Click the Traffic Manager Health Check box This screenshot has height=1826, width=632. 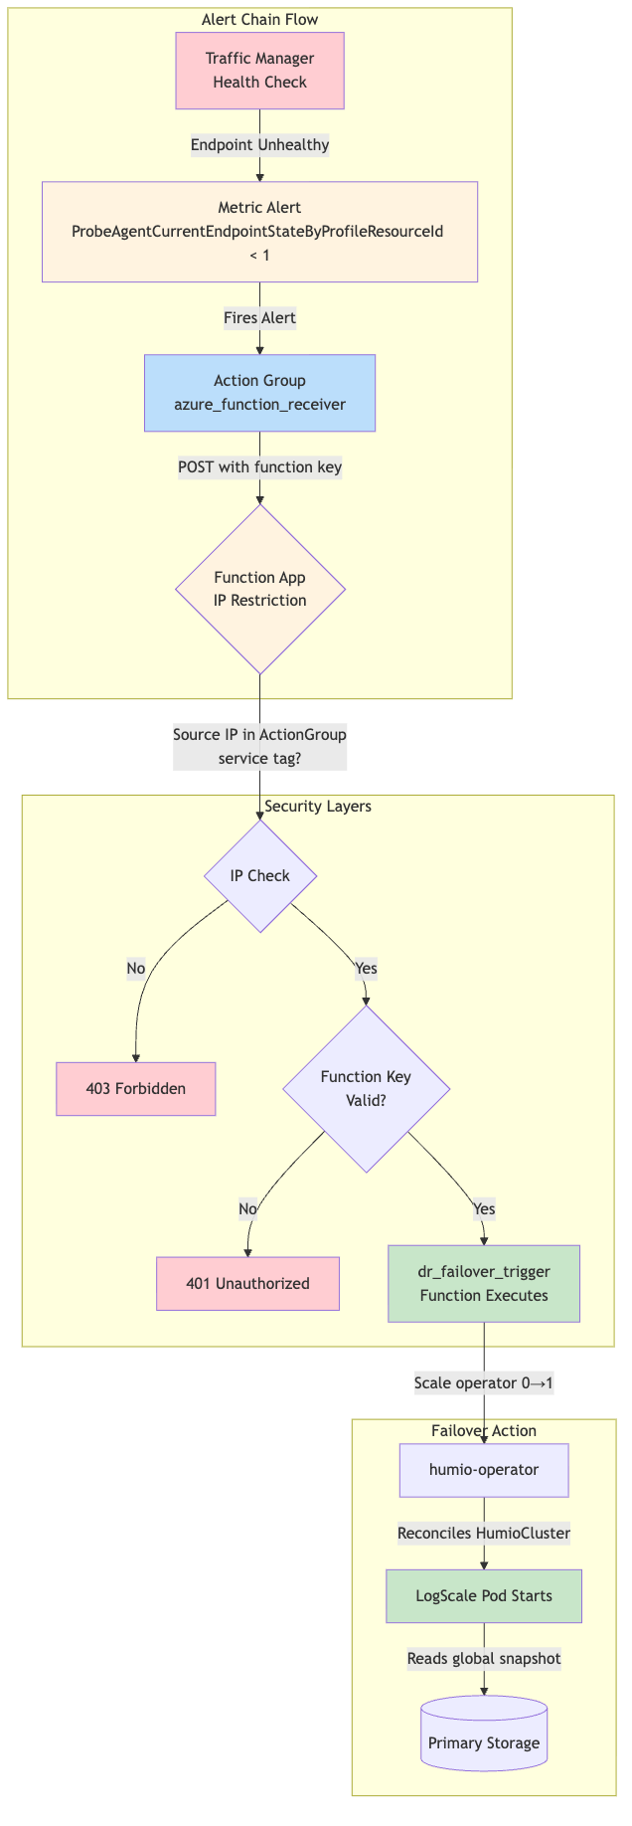coord(259,71)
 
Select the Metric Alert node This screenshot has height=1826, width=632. coord(259,232)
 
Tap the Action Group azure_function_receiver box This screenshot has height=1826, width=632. coord(259,393)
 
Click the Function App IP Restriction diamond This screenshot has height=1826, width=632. coord(259,590)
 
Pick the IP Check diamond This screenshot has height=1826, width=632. coord(259,876)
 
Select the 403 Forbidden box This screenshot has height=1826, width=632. coord(136,1088)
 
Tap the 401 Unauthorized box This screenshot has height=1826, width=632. coord(247,1284)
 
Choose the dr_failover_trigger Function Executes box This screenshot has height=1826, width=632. coord(484,1284)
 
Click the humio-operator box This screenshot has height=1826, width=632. coord(484,1470)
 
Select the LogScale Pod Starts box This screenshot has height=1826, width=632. coord(484,1595)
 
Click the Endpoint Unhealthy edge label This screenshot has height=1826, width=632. coord(259,145)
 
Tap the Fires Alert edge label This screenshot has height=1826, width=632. coord(259,318)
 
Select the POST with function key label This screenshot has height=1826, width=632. coord(259,467)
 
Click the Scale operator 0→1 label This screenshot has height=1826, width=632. coord(484,1382)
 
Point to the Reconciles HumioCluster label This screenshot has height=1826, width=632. coord(484,1533)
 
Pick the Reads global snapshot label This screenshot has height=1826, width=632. coord(484,1658)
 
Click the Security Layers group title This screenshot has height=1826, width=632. coord(318,806)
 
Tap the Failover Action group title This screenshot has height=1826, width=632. coord(484,1430)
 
